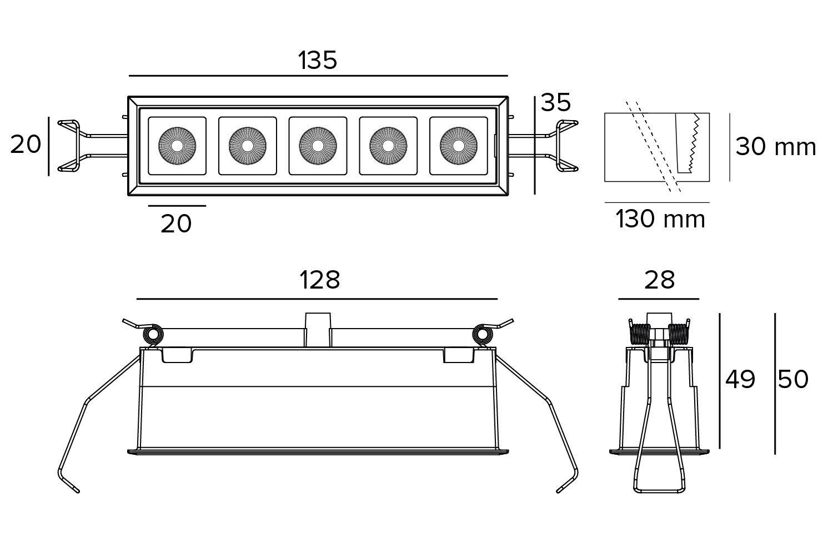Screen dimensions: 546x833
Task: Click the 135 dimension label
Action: (x=318, y=60)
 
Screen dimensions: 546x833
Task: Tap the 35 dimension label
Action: (x=556, y=103)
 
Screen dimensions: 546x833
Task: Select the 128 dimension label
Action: (x=320, y=280)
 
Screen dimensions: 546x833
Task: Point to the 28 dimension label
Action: (x=659, y=280)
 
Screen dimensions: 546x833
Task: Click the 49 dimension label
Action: (x=741, y=380)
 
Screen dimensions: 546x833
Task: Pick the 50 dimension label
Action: (x=793, y=380)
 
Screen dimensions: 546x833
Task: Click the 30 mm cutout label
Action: (x=776, y=147)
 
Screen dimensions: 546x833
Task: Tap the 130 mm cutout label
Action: (x=660, y=219)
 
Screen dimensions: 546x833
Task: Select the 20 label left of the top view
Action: (x=26, y=145)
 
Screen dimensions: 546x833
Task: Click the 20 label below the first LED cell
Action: (x=176, y=224)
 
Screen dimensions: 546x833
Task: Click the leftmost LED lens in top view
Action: (x=177, y=145)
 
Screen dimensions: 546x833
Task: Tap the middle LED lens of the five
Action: (x=318, y=145)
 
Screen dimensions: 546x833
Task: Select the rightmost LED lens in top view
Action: (x=458, y=145)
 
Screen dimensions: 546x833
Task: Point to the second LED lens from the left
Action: (x=247, y=145)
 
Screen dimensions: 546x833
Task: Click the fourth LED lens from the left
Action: (x=388, y=145)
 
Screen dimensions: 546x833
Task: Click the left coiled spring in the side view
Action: (x=152, y=335)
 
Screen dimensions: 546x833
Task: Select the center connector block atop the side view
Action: (x=318, y=329)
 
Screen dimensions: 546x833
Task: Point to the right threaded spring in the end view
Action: (x=679, y=335)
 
